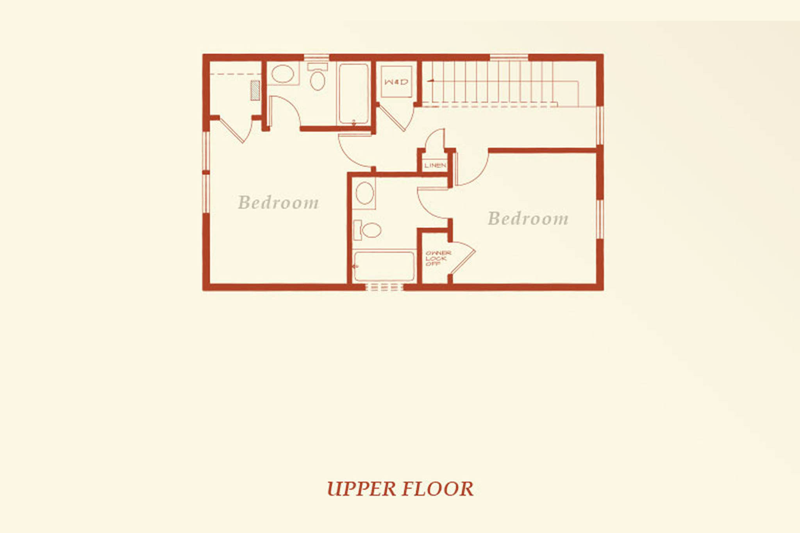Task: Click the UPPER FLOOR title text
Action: [400, 489]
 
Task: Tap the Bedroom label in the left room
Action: [279, 202]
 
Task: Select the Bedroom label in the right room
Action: [528, 218]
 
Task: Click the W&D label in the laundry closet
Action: [396, 82]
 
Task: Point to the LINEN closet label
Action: [435, 165]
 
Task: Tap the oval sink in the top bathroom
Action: [282, 74]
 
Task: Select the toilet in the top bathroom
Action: [317, 77]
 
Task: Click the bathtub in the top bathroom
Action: [354, 94]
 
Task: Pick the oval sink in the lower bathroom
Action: [364, 193]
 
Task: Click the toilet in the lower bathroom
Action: [367, 230]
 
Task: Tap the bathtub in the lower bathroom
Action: [384, 266]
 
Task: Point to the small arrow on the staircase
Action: [431, 80]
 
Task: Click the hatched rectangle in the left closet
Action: [255, 90]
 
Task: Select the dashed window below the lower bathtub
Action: [384, 287]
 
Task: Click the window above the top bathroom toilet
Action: [316, 58]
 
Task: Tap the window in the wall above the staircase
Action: [509, 58]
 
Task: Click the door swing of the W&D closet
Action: [396, 118]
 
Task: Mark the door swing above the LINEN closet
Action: [434, 138]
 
